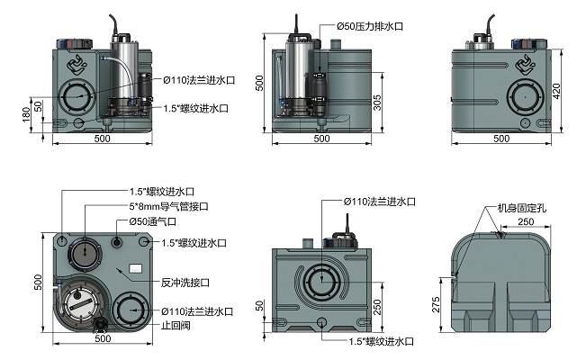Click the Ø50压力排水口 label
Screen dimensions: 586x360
click(x=370, y=26)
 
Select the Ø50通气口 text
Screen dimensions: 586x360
click(x=152, y=221)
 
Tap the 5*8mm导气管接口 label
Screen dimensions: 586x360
click(x=168, y=206)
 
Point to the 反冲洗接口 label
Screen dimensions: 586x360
click(x=185, y=283)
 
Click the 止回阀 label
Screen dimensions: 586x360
click(x=176, y=325)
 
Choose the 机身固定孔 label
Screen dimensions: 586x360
click(x=522, y=208)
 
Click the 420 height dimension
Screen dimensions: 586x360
click(x=556, y=91)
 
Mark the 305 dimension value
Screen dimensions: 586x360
click(x=377, y=103)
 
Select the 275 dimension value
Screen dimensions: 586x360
click(x=436, y=305)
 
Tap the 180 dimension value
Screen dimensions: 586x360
click(x=26, y=114)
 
